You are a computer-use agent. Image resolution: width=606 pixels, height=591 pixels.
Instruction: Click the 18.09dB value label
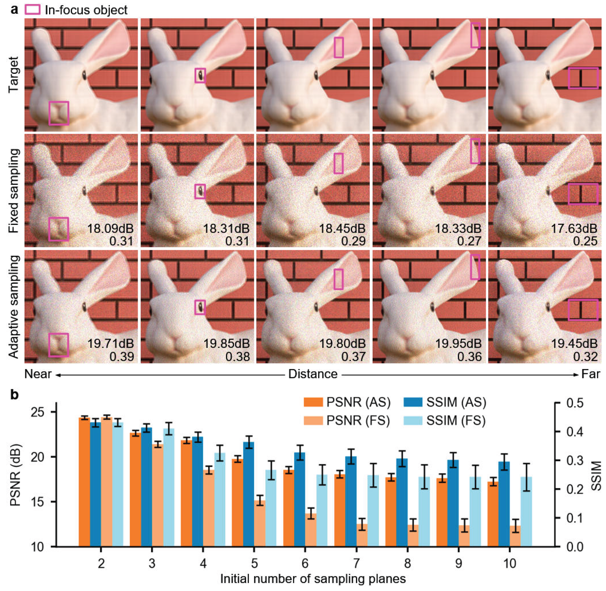point(110,229)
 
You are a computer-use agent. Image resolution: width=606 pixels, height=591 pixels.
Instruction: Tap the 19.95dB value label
point(458,344)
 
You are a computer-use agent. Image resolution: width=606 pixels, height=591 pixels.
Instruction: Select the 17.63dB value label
point(574,229)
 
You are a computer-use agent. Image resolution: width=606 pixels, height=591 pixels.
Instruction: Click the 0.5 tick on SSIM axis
point(575,403)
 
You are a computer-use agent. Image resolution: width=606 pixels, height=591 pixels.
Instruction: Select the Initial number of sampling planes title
point(313,579)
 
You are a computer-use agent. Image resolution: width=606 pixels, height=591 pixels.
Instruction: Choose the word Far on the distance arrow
point(590,374)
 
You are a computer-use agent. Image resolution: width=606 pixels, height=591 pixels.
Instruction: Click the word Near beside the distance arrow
point(38,374)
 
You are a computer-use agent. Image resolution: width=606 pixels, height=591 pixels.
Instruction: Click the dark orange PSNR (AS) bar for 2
point(84,482)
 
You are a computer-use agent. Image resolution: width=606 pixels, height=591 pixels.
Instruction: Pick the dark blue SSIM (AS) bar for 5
point(249,494)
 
